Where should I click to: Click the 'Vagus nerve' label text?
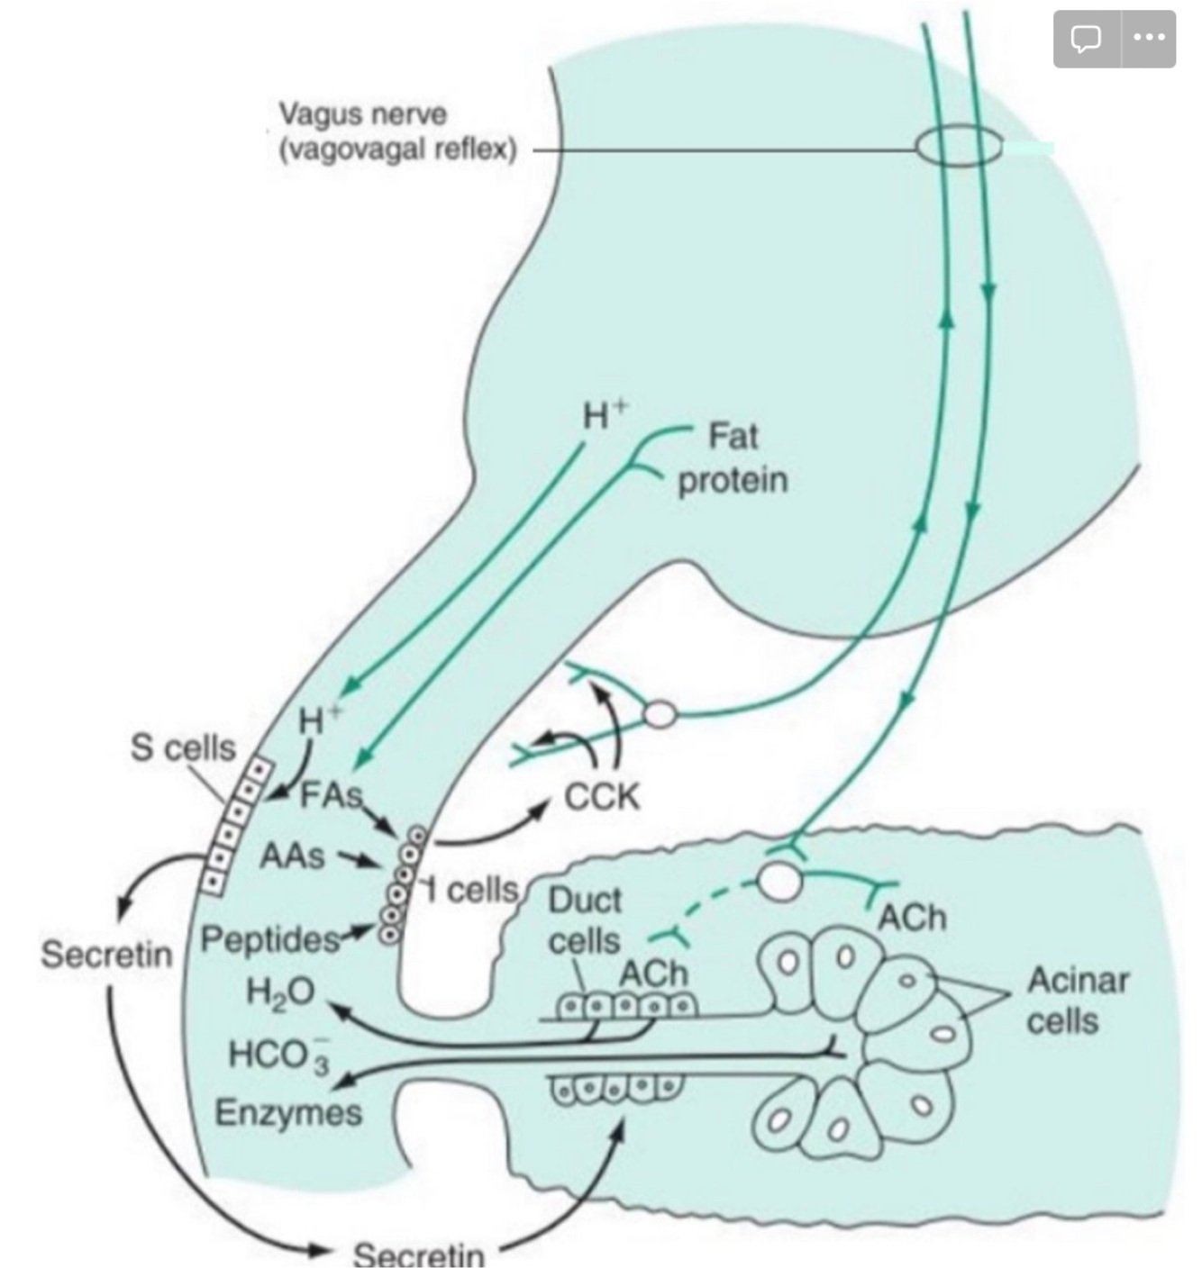(362, 114)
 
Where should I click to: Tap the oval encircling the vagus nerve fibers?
(959, 147)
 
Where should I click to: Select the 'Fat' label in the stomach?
(733, 437)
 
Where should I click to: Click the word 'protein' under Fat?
(733, 481)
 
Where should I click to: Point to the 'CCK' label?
(602, 797)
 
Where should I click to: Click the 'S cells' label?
(183, 747)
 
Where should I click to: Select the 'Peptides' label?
(269, 940)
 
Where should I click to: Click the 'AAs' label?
(291, 856)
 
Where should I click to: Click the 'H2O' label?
(280, 992)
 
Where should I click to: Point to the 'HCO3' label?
(279, 1055)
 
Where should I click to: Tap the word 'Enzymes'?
(288, 1113)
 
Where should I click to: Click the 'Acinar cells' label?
(1078, 1001)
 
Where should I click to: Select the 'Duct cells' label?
(585, 920)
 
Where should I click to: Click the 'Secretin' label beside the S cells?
(106, 955)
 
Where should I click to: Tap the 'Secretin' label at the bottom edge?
(418, 1254)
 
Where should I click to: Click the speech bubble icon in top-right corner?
(1086, 39)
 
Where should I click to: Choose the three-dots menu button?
(1149, 39)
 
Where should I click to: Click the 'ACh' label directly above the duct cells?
(653, 974)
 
